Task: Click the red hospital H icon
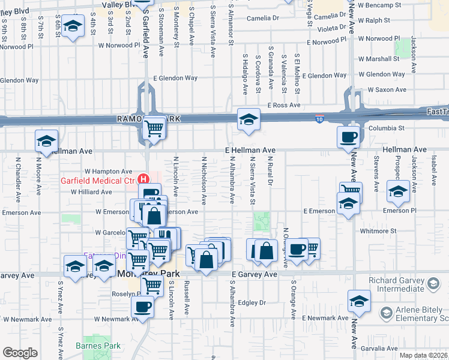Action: [x=143, y=179]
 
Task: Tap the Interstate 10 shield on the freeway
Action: [x=320, y=120]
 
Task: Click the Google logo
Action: [x=20, y=353]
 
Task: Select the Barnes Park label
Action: [x=98, y=346]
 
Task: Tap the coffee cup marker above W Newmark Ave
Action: [x=142, y=307]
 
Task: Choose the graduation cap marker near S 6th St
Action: [x=73, y=27]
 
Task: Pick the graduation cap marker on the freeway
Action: [x=247, y=119]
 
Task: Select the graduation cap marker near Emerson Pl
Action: [x=397, y=191]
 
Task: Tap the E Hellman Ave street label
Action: [x=250, y=150]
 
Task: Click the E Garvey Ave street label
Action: [x=255, y=274]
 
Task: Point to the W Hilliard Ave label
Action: [x=91, y=192]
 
